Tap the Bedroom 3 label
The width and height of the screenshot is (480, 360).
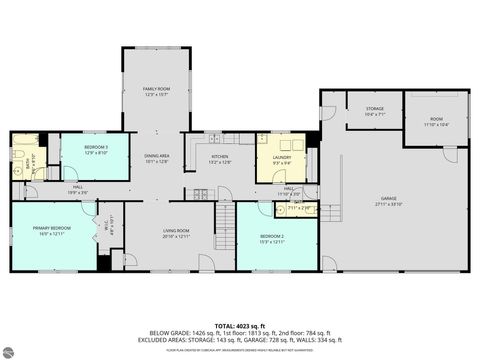(x=95, y=150)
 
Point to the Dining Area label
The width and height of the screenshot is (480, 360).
(x=156, y=158)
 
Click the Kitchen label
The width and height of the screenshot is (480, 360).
(x=220, y=158)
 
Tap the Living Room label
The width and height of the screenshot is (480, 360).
(x=176, y=233)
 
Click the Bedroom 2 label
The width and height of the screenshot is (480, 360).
(x=273, y=237)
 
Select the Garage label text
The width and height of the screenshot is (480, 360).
(x=388, y=200)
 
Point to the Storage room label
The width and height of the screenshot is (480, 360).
(x=375, y=112)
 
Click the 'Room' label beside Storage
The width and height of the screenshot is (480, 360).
(x=435, y=123)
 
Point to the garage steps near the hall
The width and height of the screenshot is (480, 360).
(x=337, y=210)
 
